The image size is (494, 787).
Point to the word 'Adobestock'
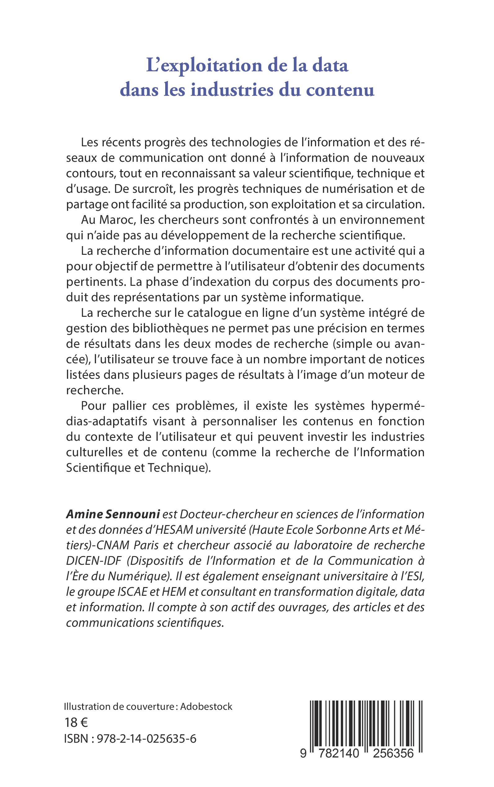coord(206,707)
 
